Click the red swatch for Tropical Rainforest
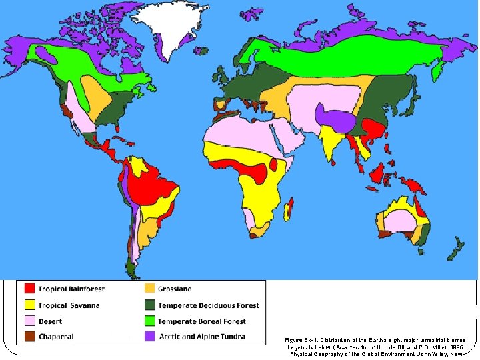click(29, 289)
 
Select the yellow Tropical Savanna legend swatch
click(29, 305)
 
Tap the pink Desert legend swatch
click(29, 321)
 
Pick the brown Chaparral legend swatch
click(29, 337)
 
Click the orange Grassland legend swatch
click(149, 289)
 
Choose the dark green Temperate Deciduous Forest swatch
click(149, 305)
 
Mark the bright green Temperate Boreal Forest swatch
click(149, 321)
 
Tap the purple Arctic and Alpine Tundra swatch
click(149, 337)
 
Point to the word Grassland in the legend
click(175, 289)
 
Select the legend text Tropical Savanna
click(69, 305)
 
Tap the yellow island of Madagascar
click(289, 212)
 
